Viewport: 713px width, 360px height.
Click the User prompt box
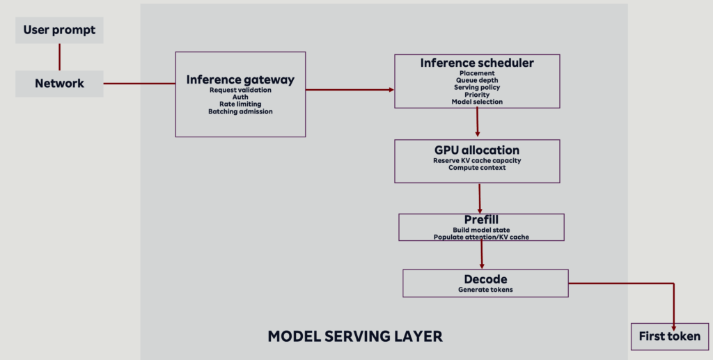[x=59, y=31]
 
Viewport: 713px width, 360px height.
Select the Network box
[x=59, y=84]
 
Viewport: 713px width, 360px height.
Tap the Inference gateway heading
[x=240, y=79]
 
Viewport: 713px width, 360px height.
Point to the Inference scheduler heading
[x=477, y=63]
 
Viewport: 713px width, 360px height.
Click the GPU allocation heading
[x=477, y=150]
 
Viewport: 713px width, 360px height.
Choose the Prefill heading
[x=481, y=220]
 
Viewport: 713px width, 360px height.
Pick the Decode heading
[x=485, y=279]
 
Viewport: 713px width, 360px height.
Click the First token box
[x=670, y=337]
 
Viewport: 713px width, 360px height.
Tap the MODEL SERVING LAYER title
[x=355, y=336]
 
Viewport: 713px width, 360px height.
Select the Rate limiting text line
[x=240, y=104]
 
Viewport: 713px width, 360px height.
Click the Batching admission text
[x=240, y=111]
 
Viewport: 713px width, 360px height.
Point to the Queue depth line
[x=477, y=81]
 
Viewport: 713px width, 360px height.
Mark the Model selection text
[x=477, y=102]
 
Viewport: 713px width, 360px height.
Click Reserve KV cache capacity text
[x=477, y=160]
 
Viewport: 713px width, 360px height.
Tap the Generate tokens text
[x=485, y=290]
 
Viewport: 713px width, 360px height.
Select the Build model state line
[x=481, y=230]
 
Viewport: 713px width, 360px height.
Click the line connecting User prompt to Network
[x=59, y=57]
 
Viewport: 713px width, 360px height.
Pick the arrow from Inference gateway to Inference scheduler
[x=350, y=90]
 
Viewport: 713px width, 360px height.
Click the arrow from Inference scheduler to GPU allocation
[x=478, y=123]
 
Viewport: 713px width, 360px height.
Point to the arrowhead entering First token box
[x=673, y=328]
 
